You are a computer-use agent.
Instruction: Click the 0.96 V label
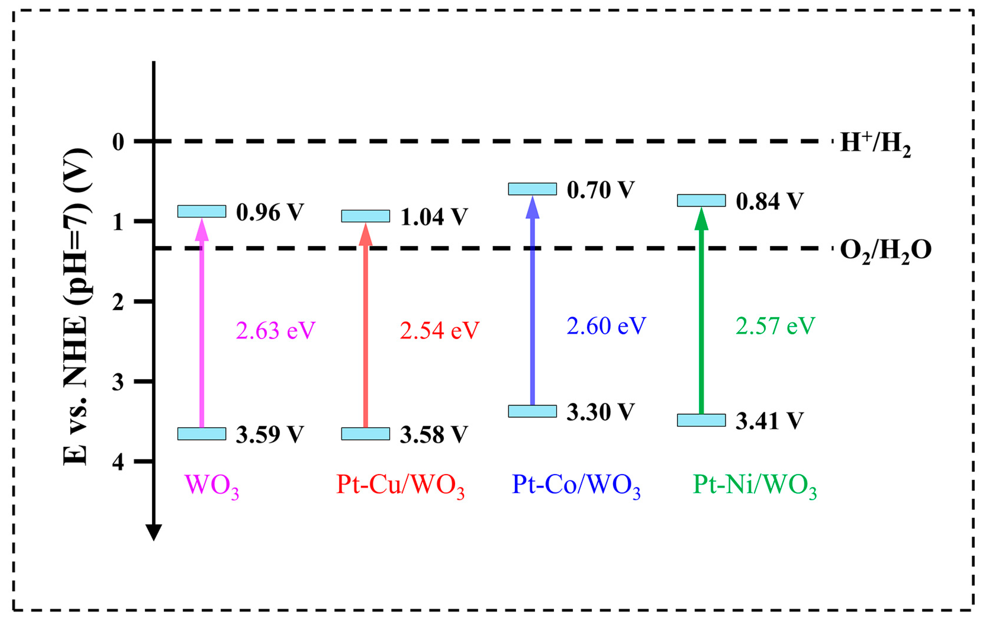point(270,212)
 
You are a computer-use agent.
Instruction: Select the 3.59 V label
point(270,434)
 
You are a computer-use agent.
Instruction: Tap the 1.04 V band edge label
point(434,217)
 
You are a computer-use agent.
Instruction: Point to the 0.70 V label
point(600,190)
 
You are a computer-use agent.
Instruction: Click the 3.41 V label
point(769,421)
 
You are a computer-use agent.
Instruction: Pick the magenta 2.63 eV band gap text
point(275,330)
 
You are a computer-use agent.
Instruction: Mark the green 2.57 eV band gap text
point(775,326)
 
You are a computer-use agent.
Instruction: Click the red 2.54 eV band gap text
point(439,330)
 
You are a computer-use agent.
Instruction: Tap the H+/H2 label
point(875,144)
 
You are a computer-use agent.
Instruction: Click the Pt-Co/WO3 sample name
point(576,485)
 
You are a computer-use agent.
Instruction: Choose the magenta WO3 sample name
point(212,485)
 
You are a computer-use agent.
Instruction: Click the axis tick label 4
point(118,462)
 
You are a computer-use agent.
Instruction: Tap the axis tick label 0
point(118,142)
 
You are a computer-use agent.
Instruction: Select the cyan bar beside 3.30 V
point(532,411)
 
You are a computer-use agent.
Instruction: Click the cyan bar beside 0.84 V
point(701,200)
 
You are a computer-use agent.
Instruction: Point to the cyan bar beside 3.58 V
point(365,434)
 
